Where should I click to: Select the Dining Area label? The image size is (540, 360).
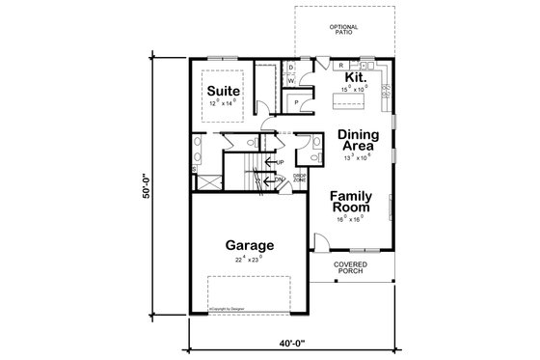(x=357, y=143)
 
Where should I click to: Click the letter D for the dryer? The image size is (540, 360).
(x=291, y=68)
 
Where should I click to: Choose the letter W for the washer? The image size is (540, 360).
(x=291, y=81)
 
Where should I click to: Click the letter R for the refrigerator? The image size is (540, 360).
(x=341, y=66)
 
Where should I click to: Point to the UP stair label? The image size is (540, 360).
(x=280, y=162)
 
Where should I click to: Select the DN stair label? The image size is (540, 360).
(x=279, y=180)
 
